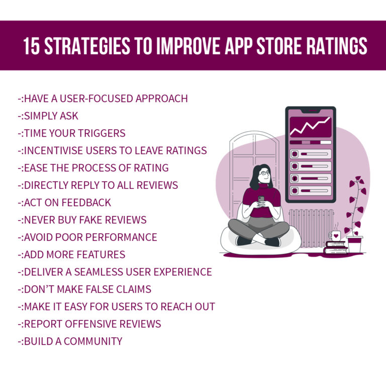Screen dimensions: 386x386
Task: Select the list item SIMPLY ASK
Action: point(51,116)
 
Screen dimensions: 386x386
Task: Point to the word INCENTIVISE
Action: point(55,150)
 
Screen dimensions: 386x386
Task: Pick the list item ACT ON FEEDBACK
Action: point(67,203)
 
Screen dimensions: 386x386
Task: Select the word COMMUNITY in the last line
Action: point(92,341)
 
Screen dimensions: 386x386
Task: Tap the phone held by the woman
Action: point(261,200)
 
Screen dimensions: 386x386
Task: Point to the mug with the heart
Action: point(335,236)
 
